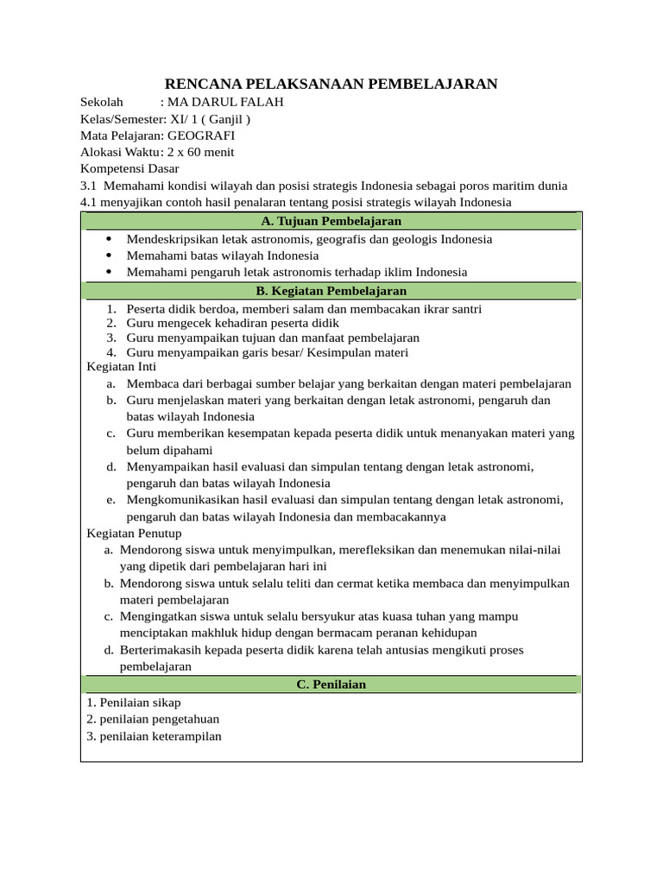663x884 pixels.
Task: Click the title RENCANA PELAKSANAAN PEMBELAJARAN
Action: (x=331, y=84)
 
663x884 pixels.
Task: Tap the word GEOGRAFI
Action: (x=200, y=136)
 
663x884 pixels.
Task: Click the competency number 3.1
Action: (x=89, y=186)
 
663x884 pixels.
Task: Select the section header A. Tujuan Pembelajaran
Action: (x=331, y=221)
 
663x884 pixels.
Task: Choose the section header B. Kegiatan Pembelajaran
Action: (x=331, y=291)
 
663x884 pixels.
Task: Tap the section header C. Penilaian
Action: (x=331, y=685)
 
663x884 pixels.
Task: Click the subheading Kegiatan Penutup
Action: (x=134, y=534)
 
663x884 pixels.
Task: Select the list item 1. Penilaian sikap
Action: (x=134, y=703)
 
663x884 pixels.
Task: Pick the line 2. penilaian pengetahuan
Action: (x=153, y=719)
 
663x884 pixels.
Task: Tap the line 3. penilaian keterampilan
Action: (x=154, y=736)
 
